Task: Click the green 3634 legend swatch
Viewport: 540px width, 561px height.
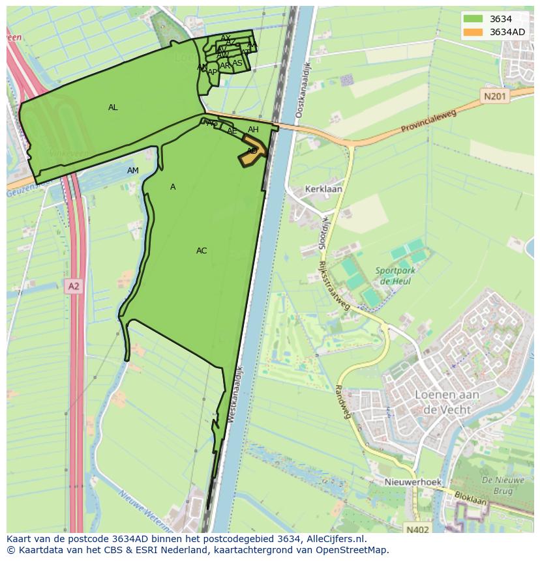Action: pyautogui.click(x=473, y=19)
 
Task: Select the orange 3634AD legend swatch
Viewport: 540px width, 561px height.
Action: pyautogui.click(x=473, y=32)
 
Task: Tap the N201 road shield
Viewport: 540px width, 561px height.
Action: pyautogui.click(x=495, y=96)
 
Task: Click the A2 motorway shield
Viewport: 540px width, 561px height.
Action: pyautogui.click(x=74, y=285)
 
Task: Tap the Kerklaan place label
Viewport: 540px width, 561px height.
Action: pyautogui.click(x=323, y=190)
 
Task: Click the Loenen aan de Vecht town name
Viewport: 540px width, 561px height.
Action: pyautogui.click(x=447, y=402)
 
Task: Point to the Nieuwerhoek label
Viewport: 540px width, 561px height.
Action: pyautogui.click(x=412, y=482)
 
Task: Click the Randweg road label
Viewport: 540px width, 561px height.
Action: pyautogui.click(x=343, y=400)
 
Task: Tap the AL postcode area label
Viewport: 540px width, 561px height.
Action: pyautogui.click(x=113, y=108)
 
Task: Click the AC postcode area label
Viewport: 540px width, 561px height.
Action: pyautogui.click(x=202, y=251)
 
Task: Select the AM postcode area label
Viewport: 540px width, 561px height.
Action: pyautogui.click(x=133, y=171)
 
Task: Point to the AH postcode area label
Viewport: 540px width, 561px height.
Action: pyautogui.click(x=253, y=130)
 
